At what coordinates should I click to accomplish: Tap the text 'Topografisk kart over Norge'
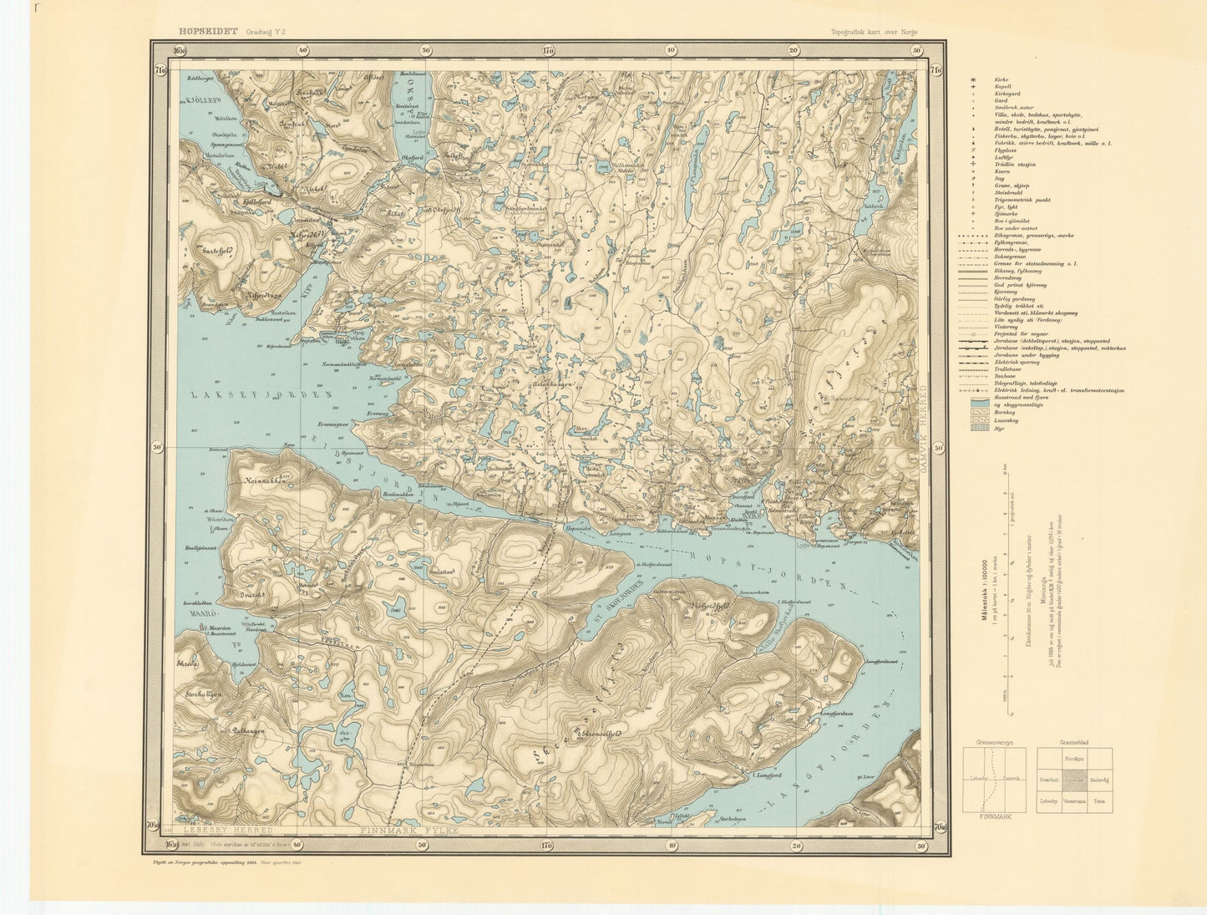[874, 32]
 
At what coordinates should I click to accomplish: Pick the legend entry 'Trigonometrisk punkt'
[1022, 200]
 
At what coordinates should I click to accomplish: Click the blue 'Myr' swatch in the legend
[974, 427]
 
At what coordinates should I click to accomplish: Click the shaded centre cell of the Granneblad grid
[1074, 780]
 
